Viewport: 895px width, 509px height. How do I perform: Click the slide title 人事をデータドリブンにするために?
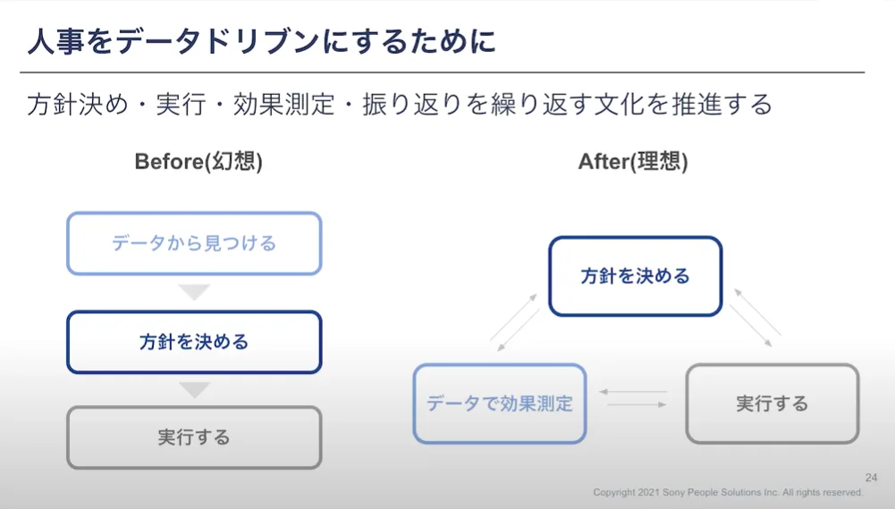(261, 41)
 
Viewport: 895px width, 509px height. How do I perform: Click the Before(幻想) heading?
(198, 161)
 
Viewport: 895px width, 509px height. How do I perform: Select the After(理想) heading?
(633, 161)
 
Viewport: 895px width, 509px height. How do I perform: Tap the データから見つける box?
(194, 243)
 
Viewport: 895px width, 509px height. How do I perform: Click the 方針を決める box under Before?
(194, 342)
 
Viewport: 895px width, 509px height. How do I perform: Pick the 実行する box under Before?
(194, 437)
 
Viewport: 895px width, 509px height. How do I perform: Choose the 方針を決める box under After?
(635, 276)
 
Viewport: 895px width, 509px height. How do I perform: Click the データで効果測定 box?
(500, 403)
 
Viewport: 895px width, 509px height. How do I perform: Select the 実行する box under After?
(772, 403)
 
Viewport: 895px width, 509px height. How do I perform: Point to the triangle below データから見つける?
(194, 293)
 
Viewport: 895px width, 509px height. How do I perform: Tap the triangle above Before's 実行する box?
(194, 390)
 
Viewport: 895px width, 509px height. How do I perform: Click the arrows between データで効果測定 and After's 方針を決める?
(515, 320)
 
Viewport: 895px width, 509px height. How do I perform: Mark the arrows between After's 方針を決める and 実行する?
(756, 318)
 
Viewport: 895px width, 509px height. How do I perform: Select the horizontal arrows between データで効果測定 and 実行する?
(634, 398)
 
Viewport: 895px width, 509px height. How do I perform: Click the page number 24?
(871, 478)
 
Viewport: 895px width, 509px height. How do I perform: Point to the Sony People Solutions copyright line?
(729, 493)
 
